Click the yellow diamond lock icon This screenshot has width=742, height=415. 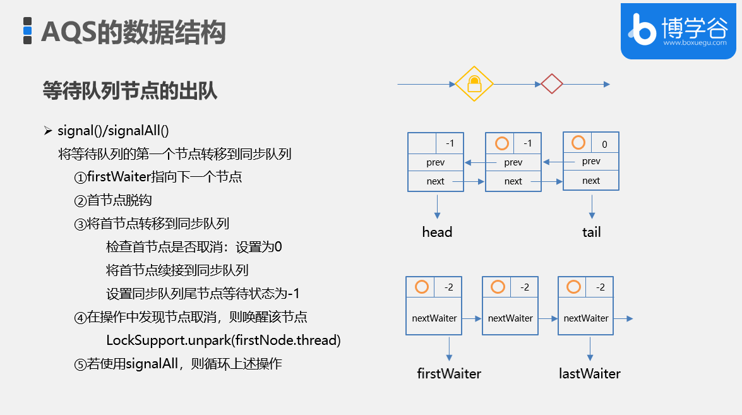click(x=474, y=83)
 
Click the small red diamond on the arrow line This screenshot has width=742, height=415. click(x=551, y=83)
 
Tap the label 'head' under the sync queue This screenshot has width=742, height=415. click(x=437, y=232)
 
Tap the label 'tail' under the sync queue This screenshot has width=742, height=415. click(x=591, y=232)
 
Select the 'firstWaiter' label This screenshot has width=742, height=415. click(x=449, y=373)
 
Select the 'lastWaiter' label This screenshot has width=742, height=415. click(x=590, y=373)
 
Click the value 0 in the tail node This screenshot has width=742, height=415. click(x=604, y=144)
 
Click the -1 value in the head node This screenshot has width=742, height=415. click(x=450, y=143)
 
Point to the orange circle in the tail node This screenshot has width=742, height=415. click(x=578, y=143)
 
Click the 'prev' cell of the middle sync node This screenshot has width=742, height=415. click(x=513, y=162)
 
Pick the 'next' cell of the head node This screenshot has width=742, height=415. click(x=435, y=181)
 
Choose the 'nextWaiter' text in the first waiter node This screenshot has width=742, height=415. click(x=434, y=318)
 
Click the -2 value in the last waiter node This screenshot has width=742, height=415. click(x=601, y=287)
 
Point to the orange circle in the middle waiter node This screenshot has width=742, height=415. click(x=498, y=287)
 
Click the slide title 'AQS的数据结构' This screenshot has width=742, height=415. click(x=133, y=32)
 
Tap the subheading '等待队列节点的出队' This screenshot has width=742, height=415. click(x=130, y=91)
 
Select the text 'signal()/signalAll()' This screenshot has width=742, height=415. click(x=113, y=131)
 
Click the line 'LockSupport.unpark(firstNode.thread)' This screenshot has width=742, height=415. click(x=224, y=340)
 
